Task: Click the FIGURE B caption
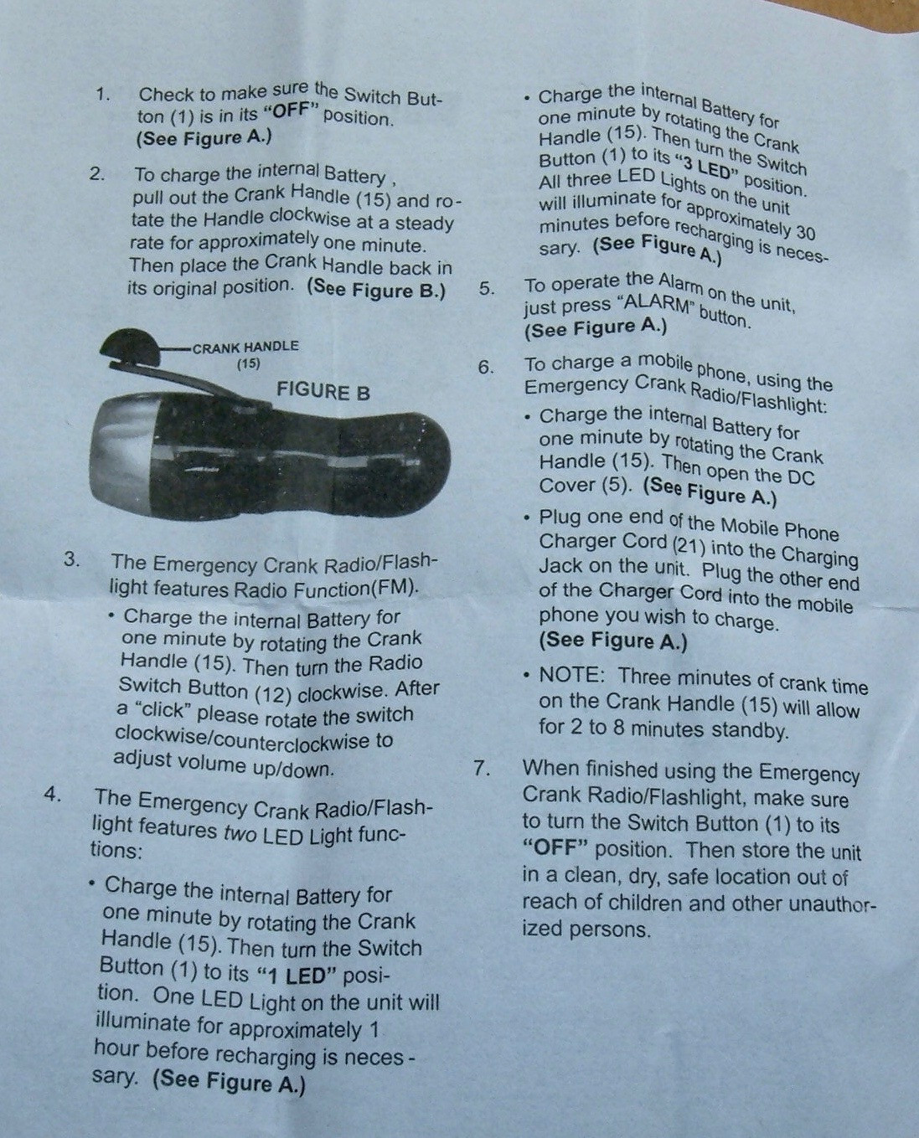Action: (323, 392)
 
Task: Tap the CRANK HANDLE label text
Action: (245, 347)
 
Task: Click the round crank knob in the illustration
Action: (131, 348)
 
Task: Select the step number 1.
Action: (103, 95)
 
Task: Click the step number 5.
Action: (486, 289)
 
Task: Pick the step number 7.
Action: (482, 768)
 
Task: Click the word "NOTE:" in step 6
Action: (571, 674)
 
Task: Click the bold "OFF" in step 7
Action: (555, 848)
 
